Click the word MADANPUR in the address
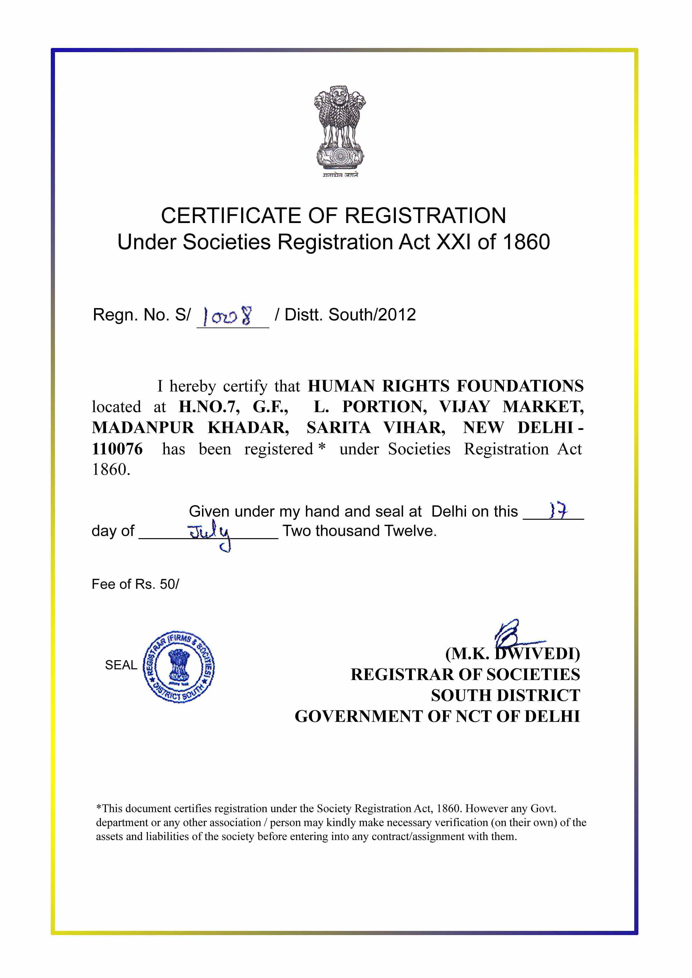click(143, 428)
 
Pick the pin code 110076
click(117, 449)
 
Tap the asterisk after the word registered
click(322, 447)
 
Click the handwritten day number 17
click(558, 511)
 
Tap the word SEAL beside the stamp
click(121, 665)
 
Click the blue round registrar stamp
click(179, 667)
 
